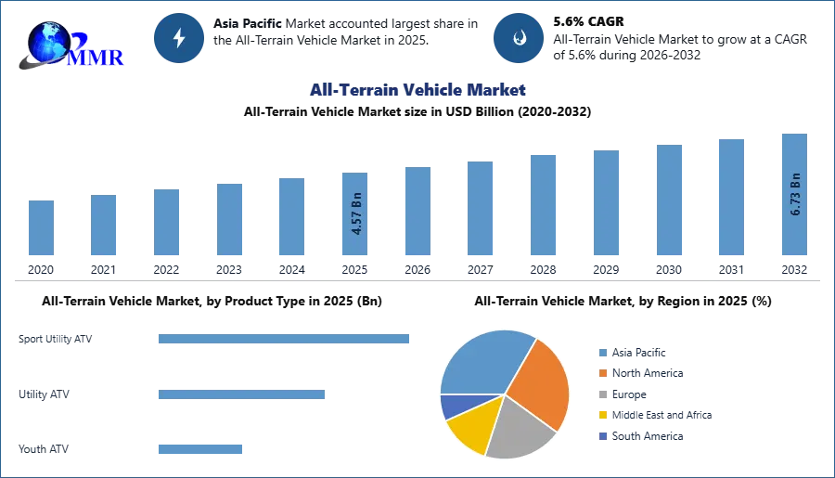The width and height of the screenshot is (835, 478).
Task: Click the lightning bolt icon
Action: [179, 38]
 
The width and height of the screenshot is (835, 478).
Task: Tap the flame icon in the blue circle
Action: [519, 38]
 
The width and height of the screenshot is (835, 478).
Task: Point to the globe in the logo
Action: [48, 41]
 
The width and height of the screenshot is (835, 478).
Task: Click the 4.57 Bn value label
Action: [355, 213]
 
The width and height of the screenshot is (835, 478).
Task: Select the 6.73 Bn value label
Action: [794, 193]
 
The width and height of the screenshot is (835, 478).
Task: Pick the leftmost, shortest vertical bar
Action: [41, 229]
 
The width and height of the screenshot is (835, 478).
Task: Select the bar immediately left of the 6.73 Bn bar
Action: [730, 197]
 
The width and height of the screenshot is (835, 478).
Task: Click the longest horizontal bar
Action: [285, 341]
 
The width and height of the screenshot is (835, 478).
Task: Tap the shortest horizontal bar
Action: [199, 449]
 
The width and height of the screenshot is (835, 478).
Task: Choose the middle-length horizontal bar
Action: [240, 394]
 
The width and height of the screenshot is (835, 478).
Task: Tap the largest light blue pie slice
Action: [483, 361]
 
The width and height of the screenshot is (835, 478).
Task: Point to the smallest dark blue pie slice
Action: [452, 406]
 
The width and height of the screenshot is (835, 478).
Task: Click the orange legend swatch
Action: [602, 373]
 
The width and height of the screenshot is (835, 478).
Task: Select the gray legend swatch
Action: [602, 394]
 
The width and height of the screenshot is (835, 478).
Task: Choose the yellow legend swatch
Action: [602, 416]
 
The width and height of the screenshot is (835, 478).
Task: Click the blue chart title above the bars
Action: [416, 91]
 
